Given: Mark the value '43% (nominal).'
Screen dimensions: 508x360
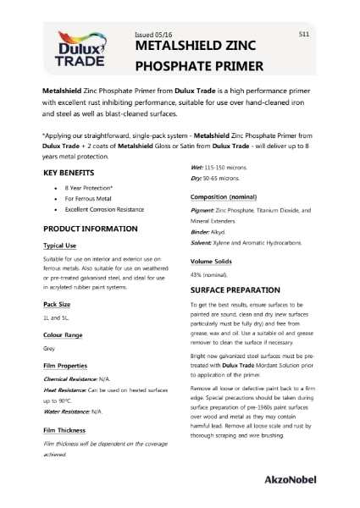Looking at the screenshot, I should tap(208, 275).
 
